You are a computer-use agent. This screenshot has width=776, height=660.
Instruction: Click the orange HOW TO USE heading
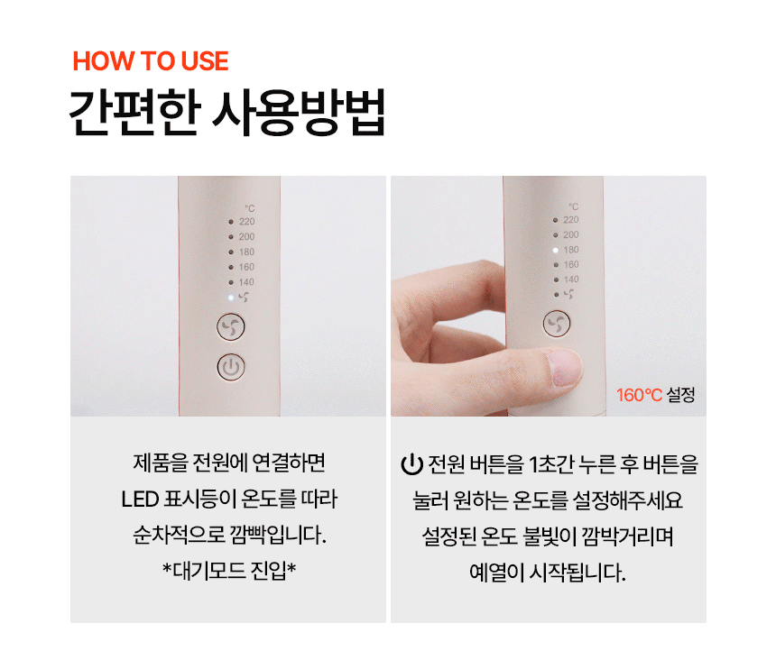click(151, 61)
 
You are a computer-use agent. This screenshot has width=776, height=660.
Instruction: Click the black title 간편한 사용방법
click(227, 113)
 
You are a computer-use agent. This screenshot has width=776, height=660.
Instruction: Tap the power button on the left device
click(231, 367)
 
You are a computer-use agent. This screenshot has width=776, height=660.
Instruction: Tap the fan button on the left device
click(231, 326)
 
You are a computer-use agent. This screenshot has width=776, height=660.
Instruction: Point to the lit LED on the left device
click(231, 298)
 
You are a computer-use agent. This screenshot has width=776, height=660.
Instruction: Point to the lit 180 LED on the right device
click(555, 250)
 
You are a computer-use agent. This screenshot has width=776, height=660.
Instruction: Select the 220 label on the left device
click(247, 222)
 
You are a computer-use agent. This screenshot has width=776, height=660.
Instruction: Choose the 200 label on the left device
click(247, 237)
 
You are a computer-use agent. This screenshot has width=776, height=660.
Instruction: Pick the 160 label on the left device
click(246, 267)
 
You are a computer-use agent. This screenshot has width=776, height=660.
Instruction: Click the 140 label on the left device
click(246, 282)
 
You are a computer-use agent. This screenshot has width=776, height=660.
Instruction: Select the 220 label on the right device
click(571, 219)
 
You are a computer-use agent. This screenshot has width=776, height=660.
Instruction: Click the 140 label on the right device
click(571, 280)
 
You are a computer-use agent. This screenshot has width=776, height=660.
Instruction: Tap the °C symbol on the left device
click(250, 208)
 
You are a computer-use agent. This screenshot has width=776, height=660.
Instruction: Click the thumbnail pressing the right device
click(564, 367)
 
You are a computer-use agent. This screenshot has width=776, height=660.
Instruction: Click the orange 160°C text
click(639, 395)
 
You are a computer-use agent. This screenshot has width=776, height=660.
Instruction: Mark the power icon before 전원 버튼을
click(411, 464)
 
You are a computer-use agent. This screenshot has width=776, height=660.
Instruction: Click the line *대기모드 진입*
click(229, 571)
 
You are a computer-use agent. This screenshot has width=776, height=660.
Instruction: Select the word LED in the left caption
click(140, 500)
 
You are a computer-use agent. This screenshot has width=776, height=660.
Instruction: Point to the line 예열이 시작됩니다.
click(548, 573)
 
